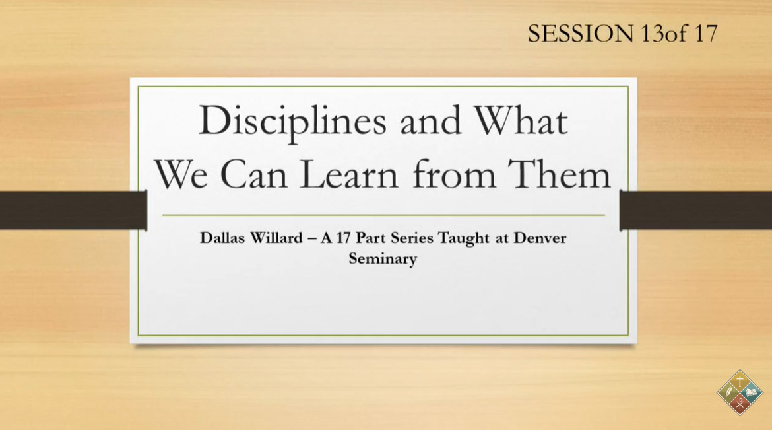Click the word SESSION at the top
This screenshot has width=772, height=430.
[x=581, y=34]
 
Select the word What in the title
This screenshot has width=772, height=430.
[x=521, y=120]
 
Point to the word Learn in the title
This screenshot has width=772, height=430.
[x=348, y=174]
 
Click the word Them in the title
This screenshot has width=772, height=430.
[x=559, y=174]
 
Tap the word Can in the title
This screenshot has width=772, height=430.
[x=253, y=174]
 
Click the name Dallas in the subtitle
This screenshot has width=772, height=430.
[x=223, y=238]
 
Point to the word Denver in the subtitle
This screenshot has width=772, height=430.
[x=540, y=238]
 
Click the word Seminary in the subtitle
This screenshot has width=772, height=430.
[x=383, y=259]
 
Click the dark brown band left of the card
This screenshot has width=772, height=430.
[x=73, y=210]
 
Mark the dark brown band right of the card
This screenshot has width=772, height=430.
[x=695, y=210]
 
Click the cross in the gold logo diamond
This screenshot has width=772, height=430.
[x=740, y=380]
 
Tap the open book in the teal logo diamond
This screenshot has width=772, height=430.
[x=752, y=393]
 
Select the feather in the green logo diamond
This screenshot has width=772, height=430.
[x=728, y=393]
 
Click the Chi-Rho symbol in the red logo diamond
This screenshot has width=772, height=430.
[x=740, y=404]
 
